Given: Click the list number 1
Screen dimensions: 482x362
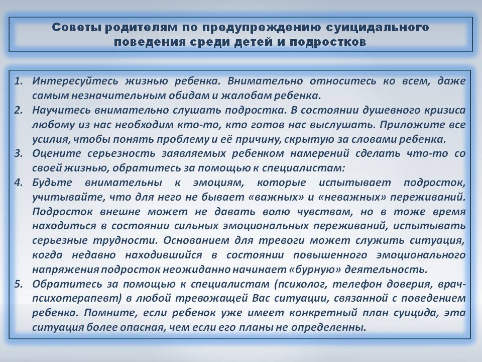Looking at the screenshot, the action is tap(19, 81).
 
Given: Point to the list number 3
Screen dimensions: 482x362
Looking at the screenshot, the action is tap(19, 153).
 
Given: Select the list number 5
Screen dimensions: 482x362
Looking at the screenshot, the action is tap(19, 284).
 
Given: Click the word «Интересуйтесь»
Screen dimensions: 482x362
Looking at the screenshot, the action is tap(75, 81).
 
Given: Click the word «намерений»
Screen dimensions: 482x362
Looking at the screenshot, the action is tap(320, 154).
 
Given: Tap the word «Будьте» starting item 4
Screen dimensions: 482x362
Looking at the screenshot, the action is tap(52, 183).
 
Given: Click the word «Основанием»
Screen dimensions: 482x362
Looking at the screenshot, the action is tap(196, 240).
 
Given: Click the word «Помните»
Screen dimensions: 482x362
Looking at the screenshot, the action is tap(110, 313).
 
